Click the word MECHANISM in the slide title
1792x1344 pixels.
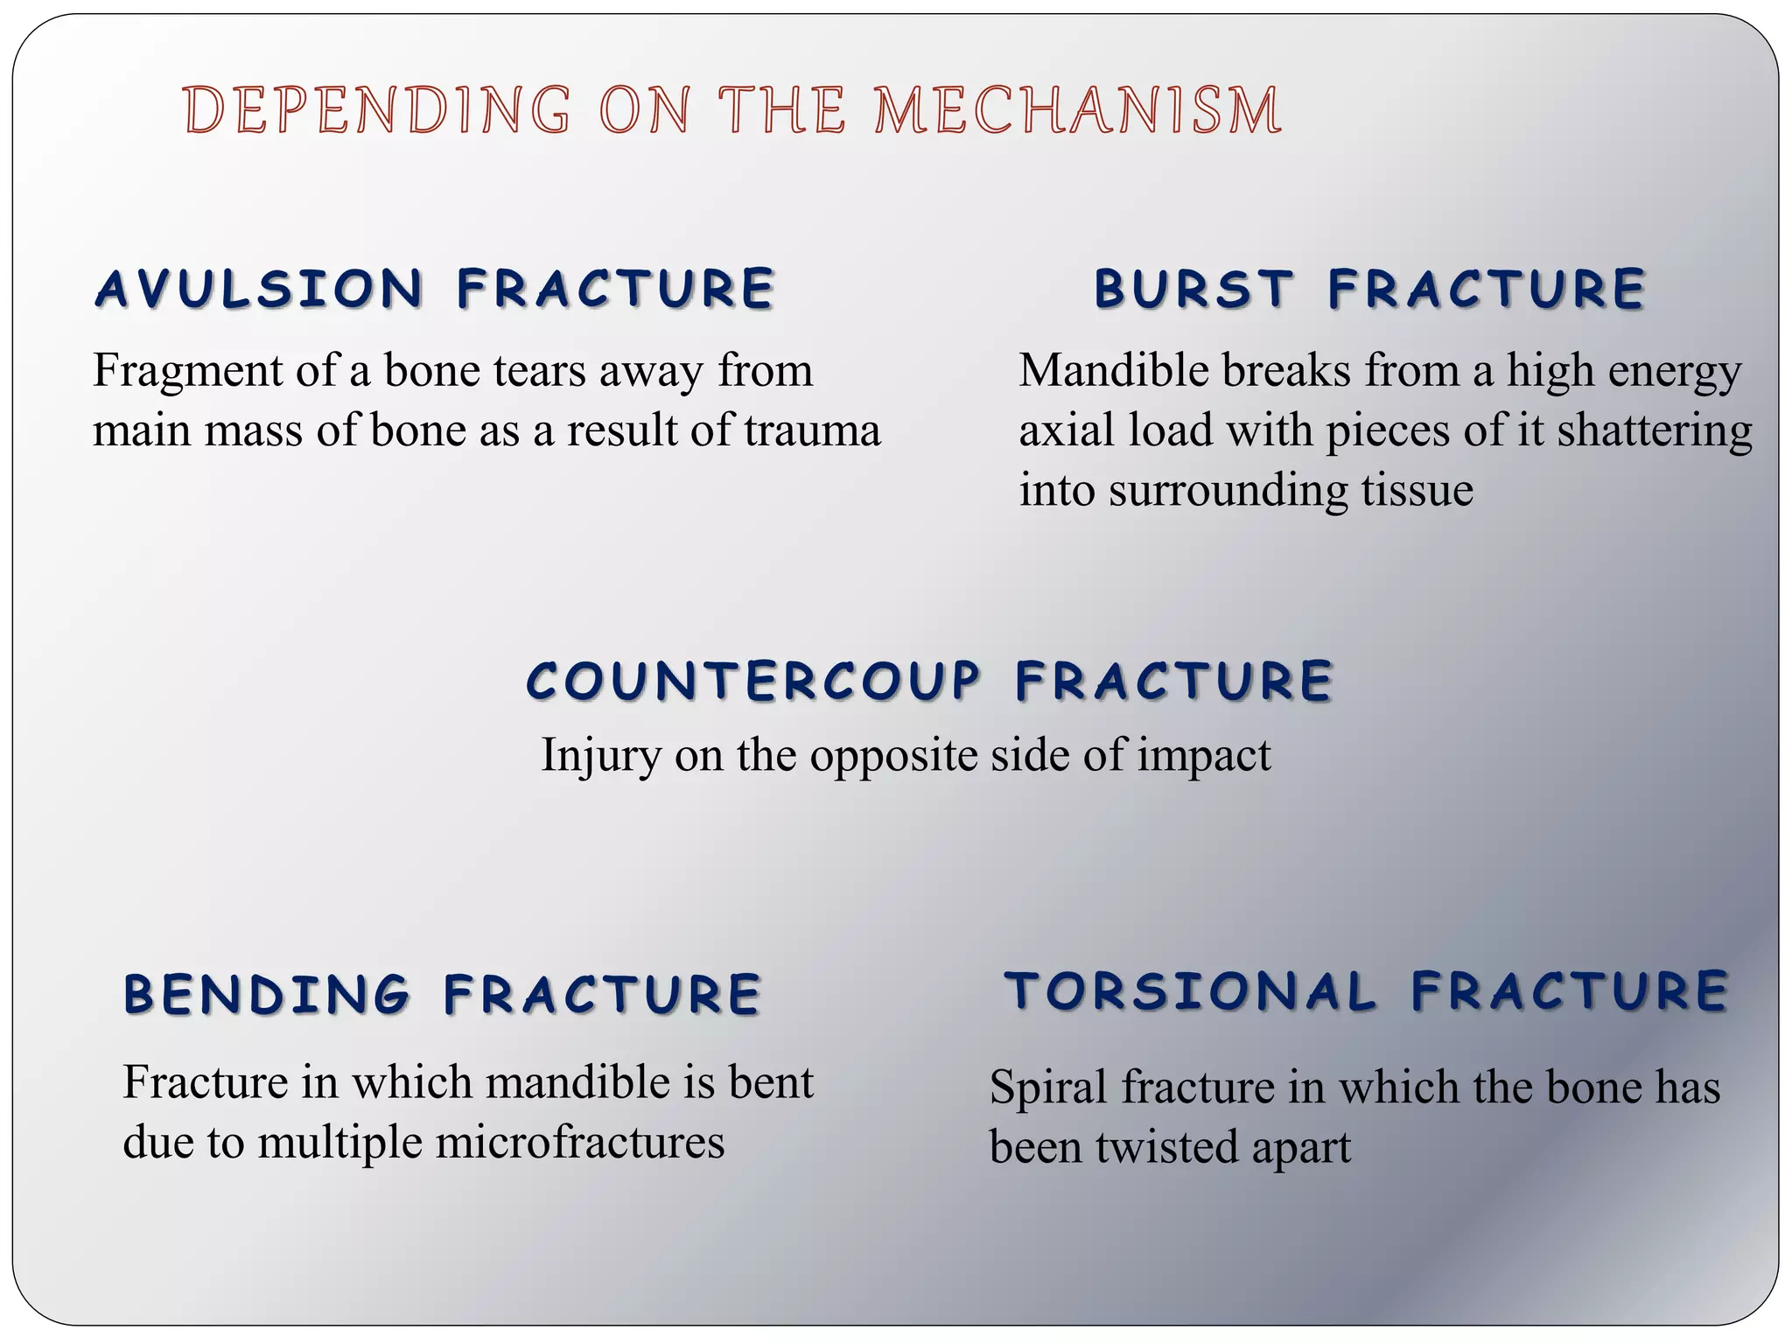tap(1078, 111)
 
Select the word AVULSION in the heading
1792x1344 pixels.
tap(260, 289)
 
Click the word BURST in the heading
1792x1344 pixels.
tap(1193, 289)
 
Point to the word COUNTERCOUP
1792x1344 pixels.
tap(753, 681)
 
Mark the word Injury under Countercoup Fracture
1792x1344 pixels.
tap(600, 756)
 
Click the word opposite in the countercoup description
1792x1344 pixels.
tap(892, 756)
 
